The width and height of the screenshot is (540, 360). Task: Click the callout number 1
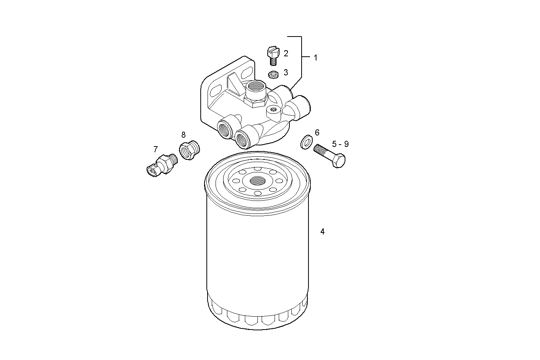click(315, 57)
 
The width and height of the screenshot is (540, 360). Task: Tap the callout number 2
click(286, 53)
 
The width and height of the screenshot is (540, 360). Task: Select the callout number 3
click(286, 72)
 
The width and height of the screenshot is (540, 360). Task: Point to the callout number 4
click(322, 231)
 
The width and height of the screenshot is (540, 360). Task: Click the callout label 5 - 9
click(340, 144)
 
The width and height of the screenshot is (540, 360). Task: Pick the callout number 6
click(317, 132)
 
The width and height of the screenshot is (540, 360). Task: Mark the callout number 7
click(155, 149)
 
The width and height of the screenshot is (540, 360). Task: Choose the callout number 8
click(183, 135)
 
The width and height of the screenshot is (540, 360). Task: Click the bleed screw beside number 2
click(273, 55)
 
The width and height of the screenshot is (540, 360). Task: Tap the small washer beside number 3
click(273, 74)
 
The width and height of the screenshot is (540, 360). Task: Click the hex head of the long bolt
click(339, 161)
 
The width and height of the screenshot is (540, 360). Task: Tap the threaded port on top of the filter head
click(254, 89)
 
